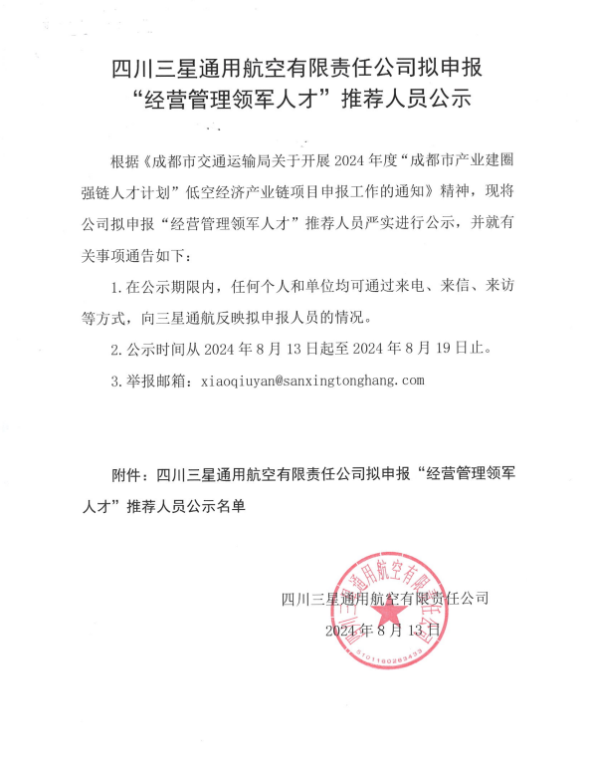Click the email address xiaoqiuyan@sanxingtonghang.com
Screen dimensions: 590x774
pyautogui.click(x=312, y=382)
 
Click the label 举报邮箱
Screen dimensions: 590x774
pyautogui.click(x=156, y=382)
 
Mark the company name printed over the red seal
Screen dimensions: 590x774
pyautogui.click(x=386, y=599)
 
